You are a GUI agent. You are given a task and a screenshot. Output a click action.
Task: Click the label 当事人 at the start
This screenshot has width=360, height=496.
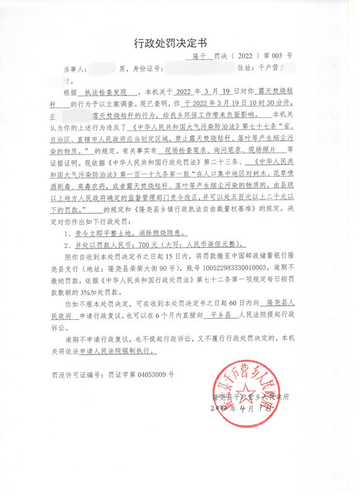(x=73, y=68)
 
